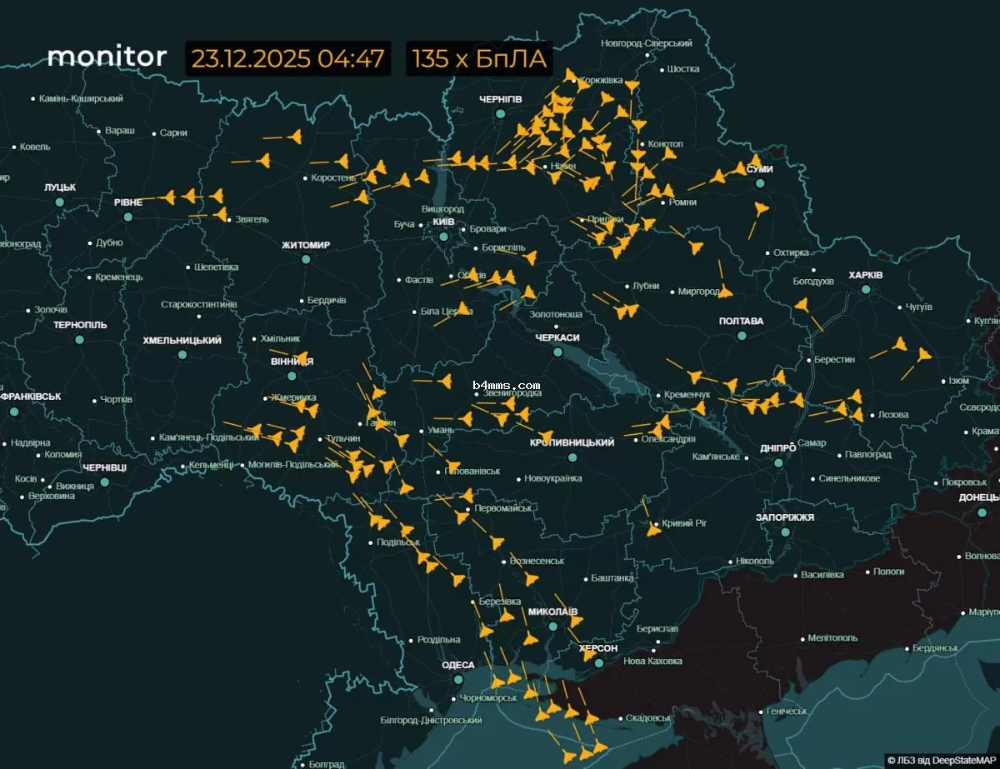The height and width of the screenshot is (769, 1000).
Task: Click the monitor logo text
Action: click(x=107, y=57)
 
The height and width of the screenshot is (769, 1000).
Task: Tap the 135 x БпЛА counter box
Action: click(x=480, y=59)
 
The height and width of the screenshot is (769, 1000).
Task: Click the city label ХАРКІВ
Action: click(x=866, y=275)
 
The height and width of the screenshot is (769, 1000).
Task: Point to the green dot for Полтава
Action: click(x=742, y=336)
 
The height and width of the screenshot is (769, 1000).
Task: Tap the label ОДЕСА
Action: click(x=457, y=665)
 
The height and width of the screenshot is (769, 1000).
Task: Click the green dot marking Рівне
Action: click(x=128, y=217)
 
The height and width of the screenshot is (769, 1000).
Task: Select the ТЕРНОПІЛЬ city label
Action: click(x=80, y=325)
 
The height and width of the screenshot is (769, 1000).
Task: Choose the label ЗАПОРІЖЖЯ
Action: click(x=784, y=517)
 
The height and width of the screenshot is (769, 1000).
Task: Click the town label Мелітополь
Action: click(x=832, y=638)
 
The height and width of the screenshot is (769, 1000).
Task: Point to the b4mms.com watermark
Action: click(x=506, y=386)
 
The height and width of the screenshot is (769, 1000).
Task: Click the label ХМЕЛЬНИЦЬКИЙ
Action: click(x=182, y=341)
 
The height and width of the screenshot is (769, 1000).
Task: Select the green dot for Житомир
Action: click(x=306, y=259)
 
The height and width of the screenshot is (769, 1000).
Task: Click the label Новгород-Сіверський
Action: click(x=647, y=43)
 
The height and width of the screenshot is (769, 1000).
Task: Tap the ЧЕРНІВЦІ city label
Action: click(x=105, y=467)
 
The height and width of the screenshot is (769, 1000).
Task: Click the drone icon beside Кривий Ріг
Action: click(x=654, y=527)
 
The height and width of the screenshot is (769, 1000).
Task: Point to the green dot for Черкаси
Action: click(x=557, y=352)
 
